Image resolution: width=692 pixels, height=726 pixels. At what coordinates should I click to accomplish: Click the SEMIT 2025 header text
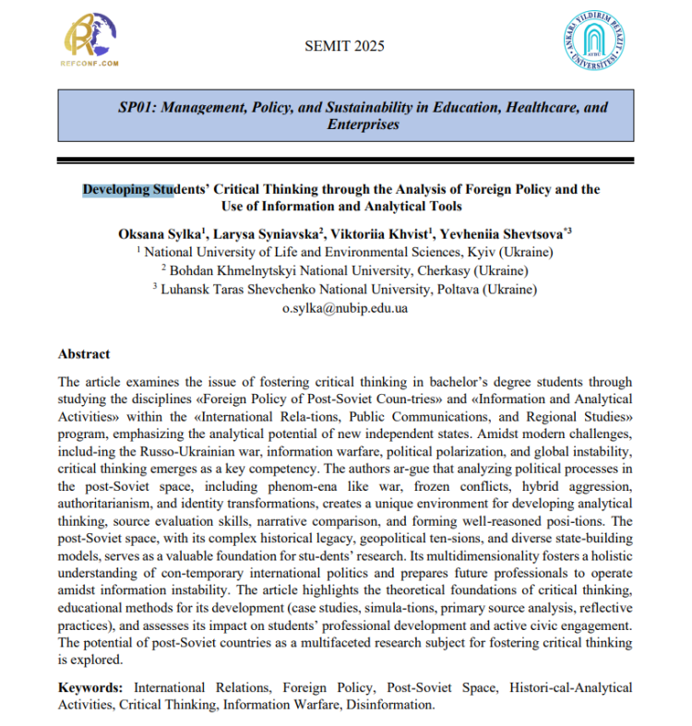[344, 46]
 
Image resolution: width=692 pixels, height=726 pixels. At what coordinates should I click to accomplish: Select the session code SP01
[137, 107]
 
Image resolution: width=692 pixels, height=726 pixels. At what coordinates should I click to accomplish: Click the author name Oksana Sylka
[159, 234]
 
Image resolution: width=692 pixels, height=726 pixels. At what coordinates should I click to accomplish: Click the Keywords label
[91, 687]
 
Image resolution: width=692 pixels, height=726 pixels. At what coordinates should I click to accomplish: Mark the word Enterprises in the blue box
[364, 124]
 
